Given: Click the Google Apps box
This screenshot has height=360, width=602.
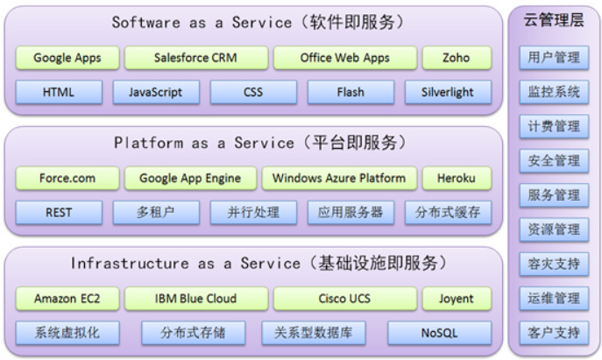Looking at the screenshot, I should click(x=67, y=59).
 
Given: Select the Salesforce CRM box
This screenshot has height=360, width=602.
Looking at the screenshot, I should click(x=195, y=59).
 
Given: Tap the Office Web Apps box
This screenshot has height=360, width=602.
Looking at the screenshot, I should click(x=343, y=59).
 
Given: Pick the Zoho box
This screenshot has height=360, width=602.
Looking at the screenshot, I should click(x=456, y=59).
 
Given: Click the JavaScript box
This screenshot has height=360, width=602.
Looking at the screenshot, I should click(x=154, y=92).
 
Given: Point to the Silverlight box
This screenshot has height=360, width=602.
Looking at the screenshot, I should click(x=448, y=92).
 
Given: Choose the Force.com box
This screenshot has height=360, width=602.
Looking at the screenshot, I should click(x=67, y=179).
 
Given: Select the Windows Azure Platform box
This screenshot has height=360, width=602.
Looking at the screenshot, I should click(x=338, y=179).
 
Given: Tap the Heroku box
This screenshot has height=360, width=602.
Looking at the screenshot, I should click(x=456, y=179).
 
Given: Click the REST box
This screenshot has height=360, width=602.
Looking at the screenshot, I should click(x=59, y=212).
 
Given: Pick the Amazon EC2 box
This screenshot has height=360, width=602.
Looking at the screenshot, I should click(x=67, y=299).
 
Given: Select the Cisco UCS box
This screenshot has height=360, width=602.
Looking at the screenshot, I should click(x=343, y=299).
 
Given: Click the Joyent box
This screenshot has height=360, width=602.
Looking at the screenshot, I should click(x=456, y=299).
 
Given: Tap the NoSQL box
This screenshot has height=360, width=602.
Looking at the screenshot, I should click(x=435, y=333).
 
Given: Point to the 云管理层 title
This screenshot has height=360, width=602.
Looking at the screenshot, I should click(x=553, y=21).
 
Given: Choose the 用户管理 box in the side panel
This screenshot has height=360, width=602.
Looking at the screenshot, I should click(x=554, y=58).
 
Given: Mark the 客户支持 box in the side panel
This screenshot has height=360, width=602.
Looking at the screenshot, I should click(x=554, y=333).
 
